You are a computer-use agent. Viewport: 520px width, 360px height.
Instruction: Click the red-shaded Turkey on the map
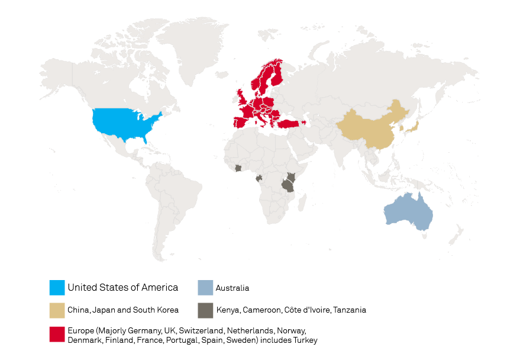290,124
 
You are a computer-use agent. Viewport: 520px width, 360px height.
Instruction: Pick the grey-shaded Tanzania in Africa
288,185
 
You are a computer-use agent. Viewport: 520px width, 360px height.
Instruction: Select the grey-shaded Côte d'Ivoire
238,168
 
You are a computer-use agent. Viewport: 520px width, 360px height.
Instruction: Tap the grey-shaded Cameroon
259,178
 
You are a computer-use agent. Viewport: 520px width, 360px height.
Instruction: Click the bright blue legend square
57,288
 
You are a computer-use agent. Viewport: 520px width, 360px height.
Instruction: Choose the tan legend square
57,310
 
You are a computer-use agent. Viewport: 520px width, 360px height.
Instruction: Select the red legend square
57,335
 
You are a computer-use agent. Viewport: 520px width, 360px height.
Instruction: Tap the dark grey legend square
205,310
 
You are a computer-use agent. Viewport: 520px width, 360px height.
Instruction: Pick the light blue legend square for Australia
205,288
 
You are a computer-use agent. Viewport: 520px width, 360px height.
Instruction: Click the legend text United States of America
122,288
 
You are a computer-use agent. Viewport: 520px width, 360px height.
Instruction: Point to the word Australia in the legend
232,288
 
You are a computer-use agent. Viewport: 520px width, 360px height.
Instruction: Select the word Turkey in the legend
305,340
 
